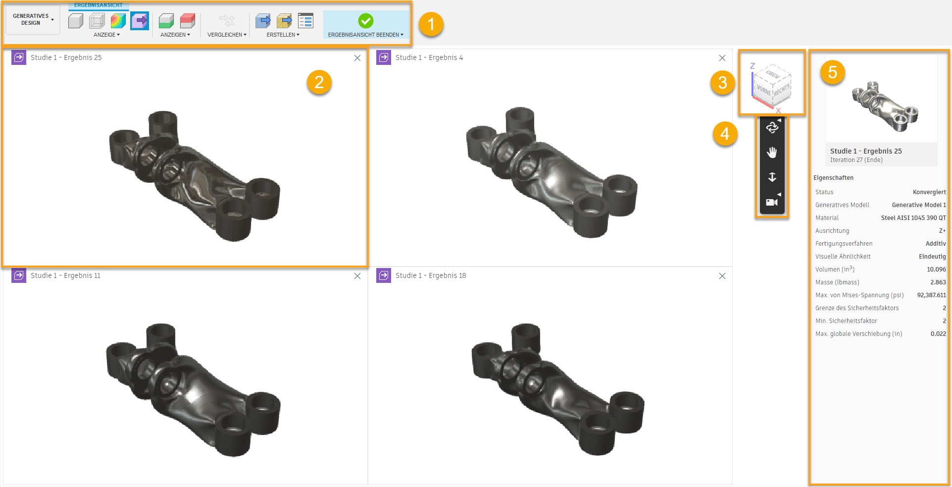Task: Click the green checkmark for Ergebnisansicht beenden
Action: [x=366, y=21]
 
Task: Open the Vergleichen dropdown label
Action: [x=227, y=35]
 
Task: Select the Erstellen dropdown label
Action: [x=283, y=35]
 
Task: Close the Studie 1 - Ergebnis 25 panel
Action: [x=357, y=58]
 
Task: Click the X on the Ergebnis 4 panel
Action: [x=722, y=58]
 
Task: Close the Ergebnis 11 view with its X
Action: [x=357, y=276]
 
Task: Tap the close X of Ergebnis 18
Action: [x=722, y=276]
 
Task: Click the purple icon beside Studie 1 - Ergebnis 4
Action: [x=384, y=57]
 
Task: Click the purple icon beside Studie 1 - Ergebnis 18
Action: [x=384, y=275]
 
